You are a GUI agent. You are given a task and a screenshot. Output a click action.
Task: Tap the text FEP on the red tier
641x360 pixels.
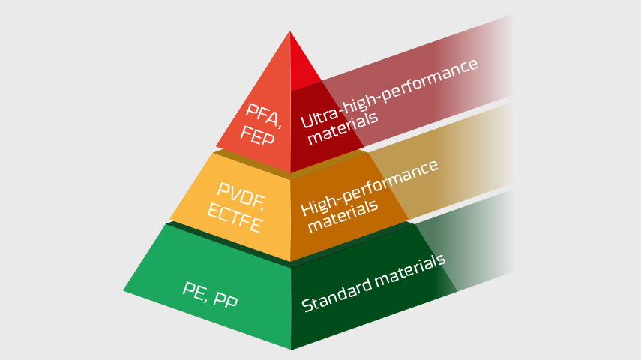click(257, 136)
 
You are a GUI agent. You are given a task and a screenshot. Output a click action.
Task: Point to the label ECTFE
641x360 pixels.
click(235, 218)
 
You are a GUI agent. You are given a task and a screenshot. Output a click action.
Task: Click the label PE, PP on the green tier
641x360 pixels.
click(210, 295)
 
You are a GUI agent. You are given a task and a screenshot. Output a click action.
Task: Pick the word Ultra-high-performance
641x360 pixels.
click(389, 93)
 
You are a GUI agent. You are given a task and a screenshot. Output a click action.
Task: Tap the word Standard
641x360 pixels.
click(336, 294)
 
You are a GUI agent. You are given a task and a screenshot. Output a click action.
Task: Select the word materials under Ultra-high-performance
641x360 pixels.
click(343, 128)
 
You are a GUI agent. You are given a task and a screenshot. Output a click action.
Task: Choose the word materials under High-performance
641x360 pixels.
click(343, 217)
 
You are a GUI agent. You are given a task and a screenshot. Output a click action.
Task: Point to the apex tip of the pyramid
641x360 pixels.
click(290, 31)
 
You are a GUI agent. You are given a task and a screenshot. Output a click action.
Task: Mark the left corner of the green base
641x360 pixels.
click(124, 290)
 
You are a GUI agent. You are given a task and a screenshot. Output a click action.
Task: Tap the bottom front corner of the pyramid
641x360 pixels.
click(291, 349)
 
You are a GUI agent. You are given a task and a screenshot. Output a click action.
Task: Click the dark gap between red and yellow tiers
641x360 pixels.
click(291, 164)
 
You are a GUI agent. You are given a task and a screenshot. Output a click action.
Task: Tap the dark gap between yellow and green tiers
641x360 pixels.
click(291, 244)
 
